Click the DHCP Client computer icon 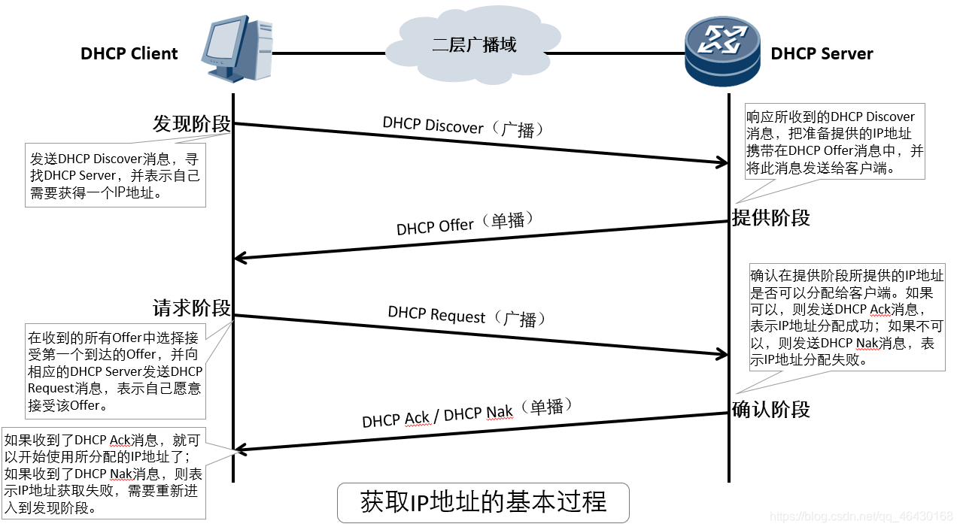tap(236, 50)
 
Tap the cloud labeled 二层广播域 tap(474, 47)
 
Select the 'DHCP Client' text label tap(129, 54)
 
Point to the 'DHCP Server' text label tap(822, 54)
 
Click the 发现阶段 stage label tap(191, 124)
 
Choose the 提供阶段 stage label tap(771, 218)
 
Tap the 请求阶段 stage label tap(191, 308)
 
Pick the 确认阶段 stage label tap(771, 410)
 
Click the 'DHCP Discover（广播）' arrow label tap(463, 127)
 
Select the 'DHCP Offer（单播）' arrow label tap(465, 223)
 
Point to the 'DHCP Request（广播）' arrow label tap(466, 316)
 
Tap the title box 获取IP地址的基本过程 tap(483, 502)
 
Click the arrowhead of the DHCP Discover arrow tap(722, 162)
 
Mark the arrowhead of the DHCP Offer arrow tap(241, 258)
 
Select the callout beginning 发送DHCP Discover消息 tap(115, 175)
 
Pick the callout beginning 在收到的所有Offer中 tap(115, 371)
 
